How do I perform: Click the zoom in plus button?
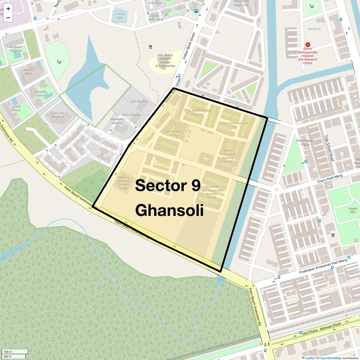click(8, 9)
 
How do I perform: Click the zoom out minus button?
click(8, 18)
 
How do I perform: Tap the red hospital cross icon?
click(307, 45)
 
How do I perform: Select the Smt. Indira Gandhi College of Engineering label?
click(165, 61)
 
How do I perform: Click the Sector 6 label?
click(314, 29)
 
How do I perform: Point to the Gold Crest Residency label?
click(58, 115)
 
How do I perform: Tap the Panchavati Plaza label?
click(305, 142)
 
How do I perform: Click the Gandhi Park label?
click(353, 210)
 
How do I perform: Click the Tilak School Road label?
click(329, 148)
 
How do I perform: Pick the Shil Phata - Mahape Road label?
click(322, 329)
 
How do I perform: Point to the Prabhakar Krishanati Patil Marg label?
click(323, 266)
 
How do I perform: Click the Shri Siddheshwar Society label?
click(198, 112)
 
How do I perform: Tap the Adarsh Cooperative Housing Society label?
click(228, 156)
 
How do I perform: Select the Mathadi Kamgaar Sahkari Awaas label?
click(124, 183)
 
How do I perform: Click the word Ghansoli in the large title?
click(169, 210)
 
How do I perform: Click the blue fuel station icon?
click(196, 11)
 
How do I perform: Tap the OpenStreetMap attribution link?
click(330, 358)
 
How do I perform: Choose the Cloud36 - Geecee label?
click(40, 94)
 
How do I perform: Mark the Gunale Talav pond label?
click(120, 16)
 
